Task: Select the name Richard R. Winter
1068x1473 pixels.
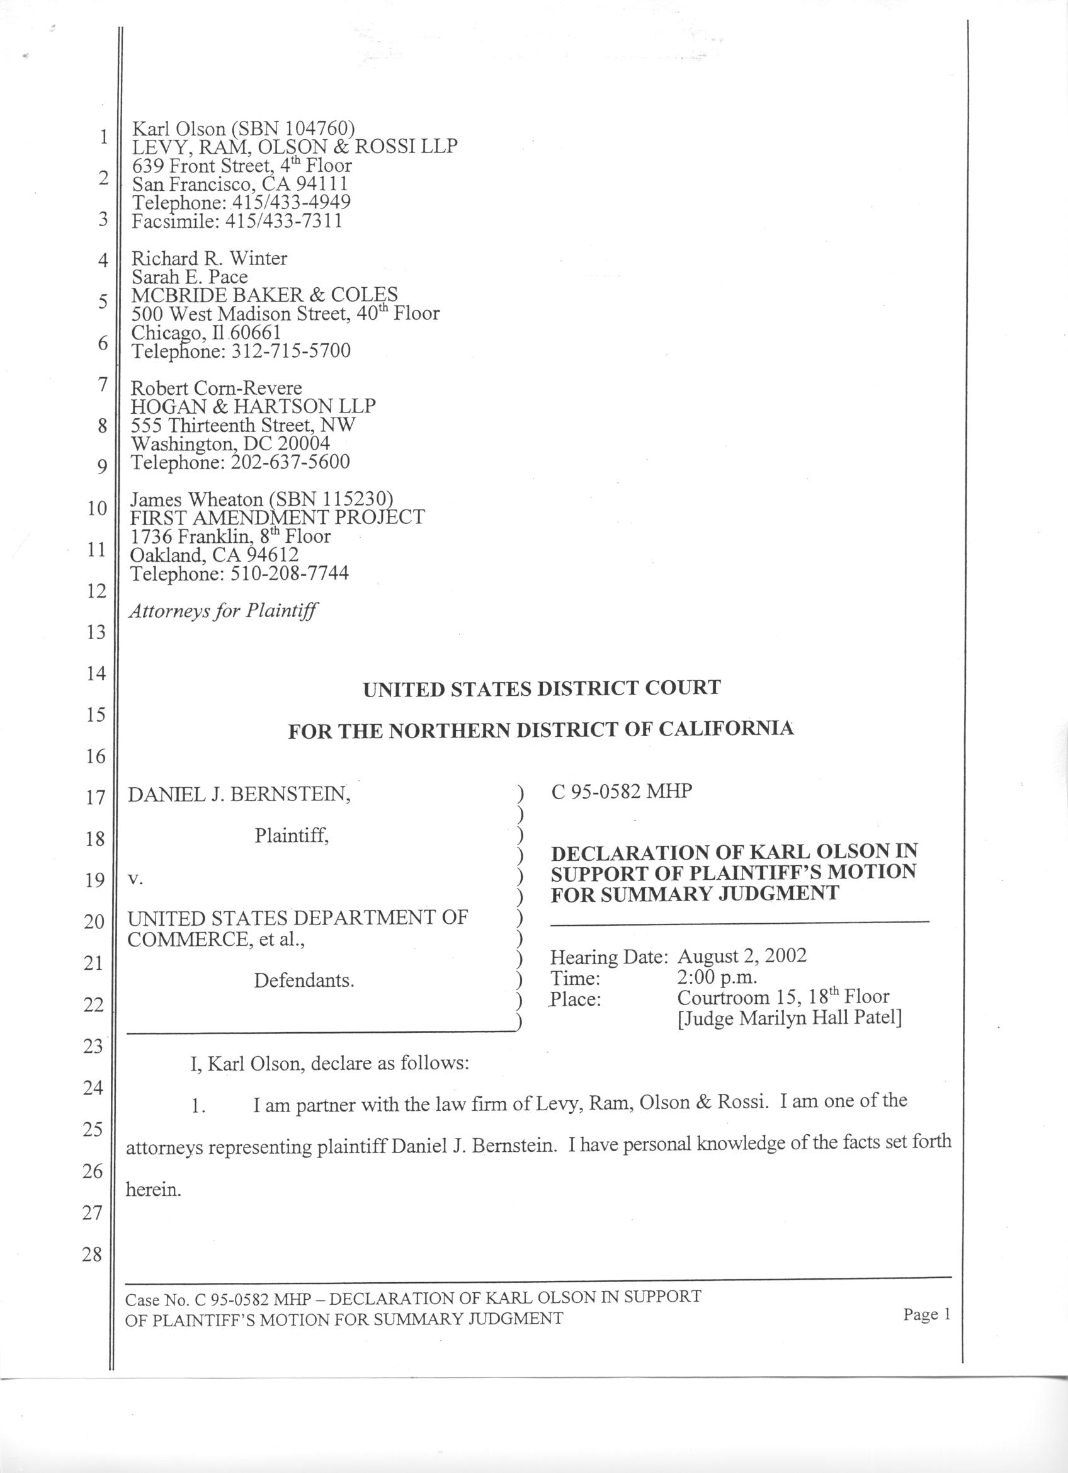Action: pos(209,258)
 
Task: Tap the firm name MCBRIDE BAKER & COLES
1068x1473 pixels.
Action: pos(264,295)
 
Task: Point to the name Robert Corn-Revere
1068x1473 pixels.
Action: pos(216,389)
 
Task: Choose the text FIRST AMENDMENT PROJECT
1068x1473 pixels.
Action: pos(278,518)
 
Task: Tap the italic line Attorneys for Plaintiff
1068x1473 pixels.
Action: pos(224,610)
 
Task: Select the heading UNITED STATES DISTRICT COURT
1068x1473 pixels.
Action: pos(542,688)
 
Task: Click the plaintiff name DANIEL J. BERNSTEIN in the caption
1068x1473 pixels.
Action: pos(239,794)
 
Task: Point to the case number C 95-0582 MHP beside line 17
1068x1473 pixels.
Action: pos(622,792)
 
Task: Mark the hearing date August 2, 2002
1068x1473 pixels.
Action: pos(741,956)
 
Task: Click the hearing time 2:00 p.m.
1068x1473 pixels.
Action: pos(717,977)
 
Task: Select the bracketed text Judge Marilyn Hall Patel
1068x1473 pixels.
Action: pos(790,1018)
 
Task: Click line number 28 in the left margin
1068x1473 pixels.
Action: pos(92,1254)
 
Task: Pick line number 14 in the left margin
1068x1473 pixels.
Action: pos(96,673)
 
